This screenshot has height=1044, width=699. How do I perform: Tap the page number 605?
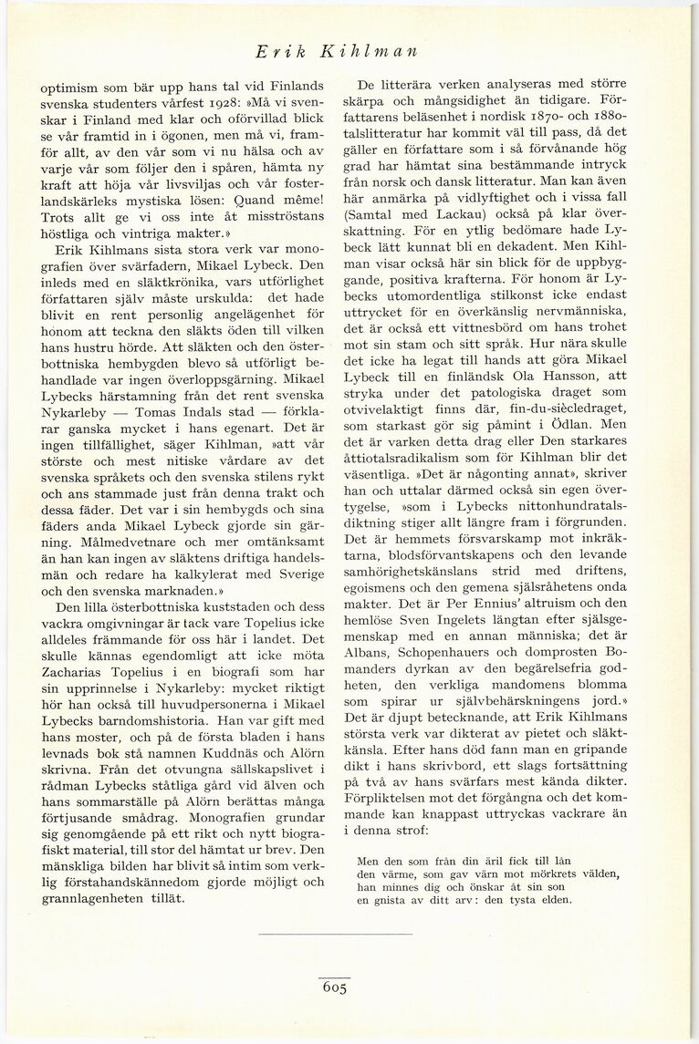[334, 991]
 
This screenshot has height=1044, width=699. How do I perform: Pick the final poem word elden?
[551, 900]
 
